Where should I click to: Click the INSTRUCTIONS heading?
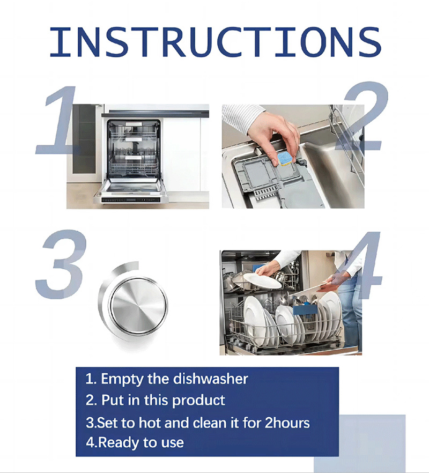215,42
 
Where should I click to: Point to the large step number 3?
61,264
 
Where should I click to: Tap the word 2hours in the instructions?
287,423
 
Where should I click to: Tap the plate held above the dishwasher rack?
262,280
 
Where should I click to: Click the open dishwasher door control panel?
131,200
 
